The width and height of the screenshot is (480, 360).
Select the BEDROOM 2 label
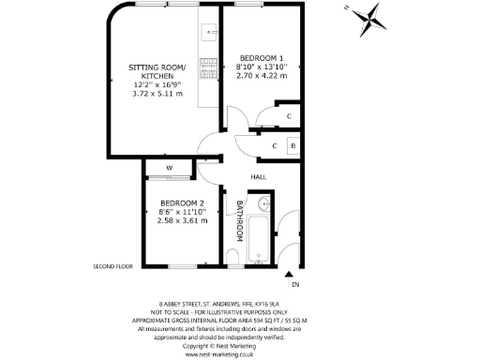coord(183,203)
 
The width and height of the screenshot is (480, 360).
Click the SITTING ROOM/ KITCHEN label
coord(157,72)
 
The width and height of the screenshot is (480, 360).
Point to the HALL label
coord(260,176)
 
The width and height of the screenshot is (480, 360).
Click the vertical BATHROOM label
coord(240,220)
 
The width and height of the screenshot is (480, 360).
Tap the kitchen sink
coord(209,34)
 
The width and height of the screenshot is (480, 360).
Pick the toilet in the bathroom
coord(232,256)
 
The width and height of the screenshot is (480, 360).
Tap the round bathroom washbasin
coord(263,203)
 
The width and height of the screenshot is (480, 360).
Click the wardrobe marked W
coord(170,169)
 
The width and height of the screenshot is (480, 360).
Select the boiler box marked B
coord(292,146)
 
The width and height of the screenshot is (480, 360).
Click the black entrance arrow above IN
coord(288,273)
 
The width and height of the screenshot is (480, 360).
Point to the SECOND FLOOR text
coord(113,266)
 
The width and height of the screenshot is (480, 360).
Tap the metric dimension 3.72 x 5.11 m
coord(157,94)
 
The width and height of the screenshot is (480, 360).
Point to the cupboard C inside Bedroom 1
coord(289,116)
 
